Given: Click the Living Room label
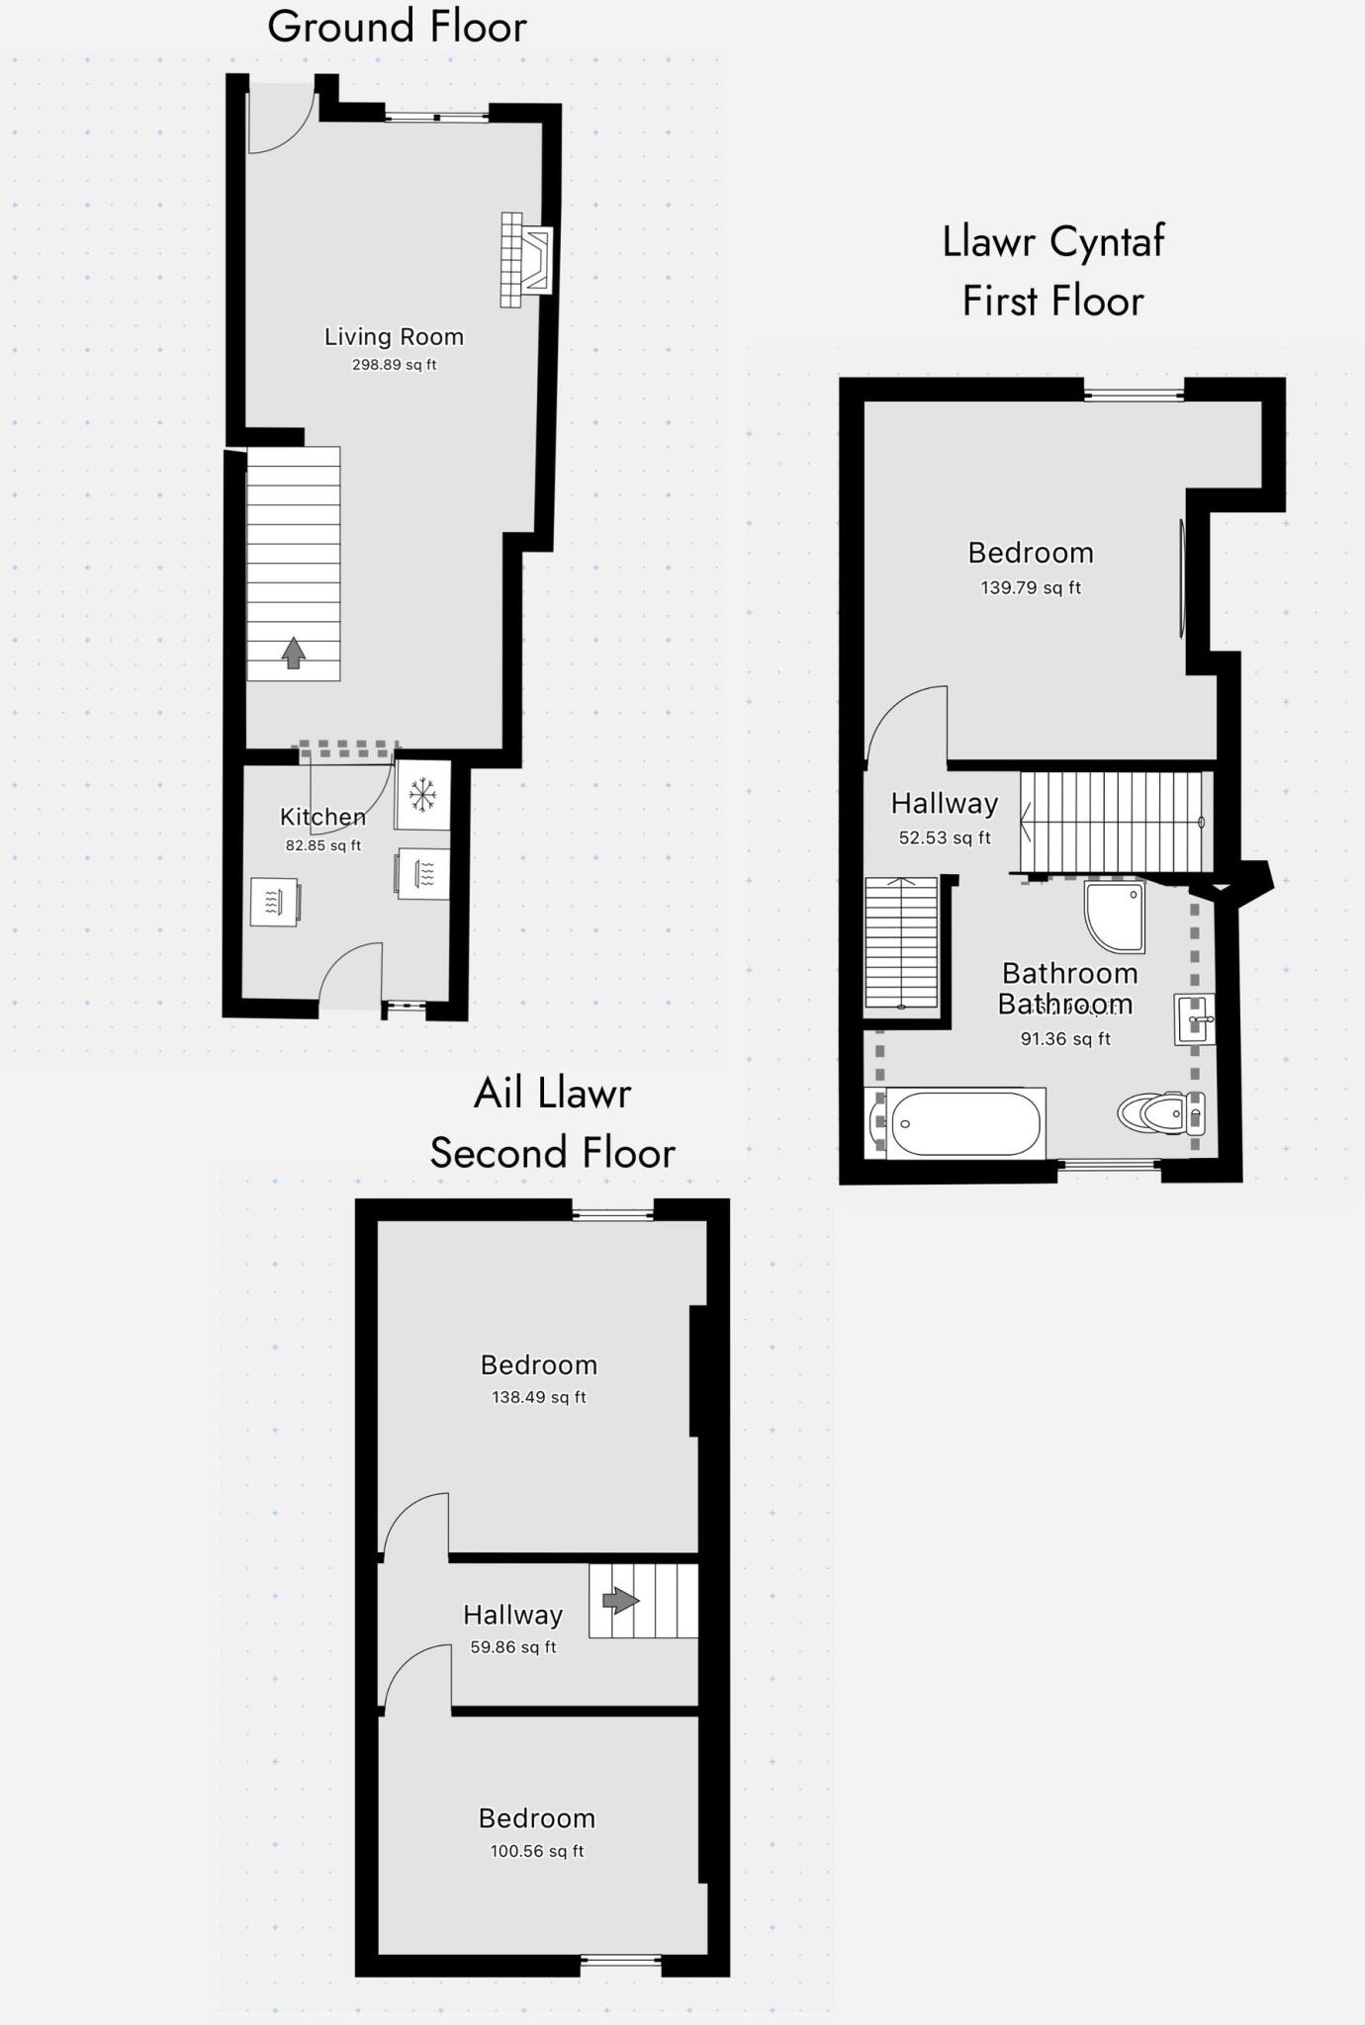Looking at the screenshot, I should click(394, 337).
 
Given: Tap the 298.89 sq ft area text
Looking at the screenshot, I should click(394, 365).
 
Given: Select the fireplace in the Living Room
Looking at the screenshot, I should click(526, 260).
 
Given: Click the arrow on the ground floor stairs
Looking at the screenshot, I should click(293, 653).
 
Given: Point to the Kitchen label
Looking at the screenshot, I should click(322, 817).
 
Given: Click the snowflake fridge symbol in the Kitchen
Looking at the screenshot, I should click(423, 794).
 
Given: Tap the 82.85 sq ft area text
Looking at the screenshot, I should click(322, 845).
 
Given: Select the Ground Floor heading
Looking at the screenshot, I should click(397, 27).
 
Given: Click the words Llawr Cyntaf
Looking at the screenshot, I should click(1053, 242).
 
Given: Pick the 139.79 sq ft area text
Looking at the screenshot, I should click(1031, 587).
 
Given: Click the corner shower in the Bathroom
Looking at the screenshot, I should click(1115, 915).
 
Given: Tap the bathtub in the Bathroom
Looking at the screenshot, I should click(965, 1123).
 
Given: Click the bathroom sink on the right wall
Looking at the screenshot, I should click(1194, 1019).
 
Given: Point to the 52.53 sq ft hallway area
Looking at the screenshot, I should click(945, 838).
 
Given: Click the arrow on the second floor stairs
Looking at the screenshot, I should click(620, 1600).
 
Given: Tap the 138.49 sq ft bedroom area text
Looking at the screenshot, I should click(539, 1397).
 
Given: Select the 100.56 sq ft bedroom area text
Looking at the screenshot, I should click(537, 1851).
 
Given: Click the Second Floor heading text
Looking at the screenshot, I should click(552, 1153).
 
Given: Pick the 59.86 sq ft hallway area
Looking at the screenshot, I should click(513, 1647).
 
